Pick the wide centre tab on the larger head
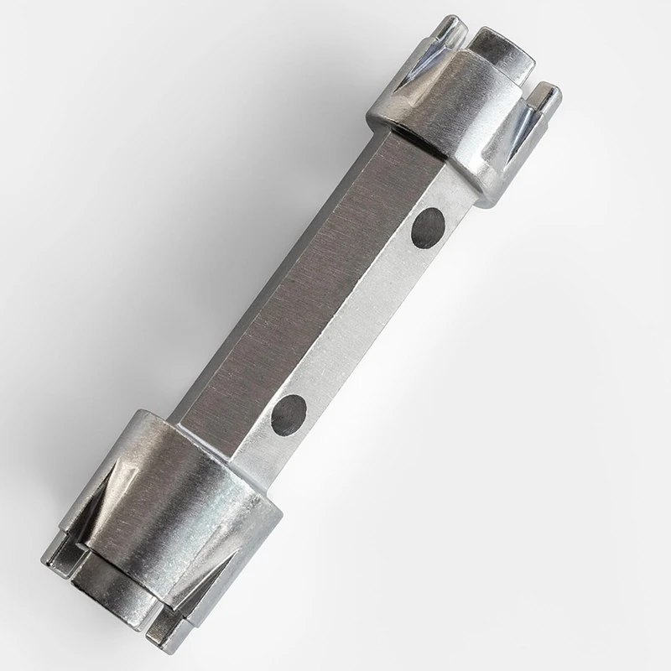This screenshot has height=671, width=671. pos(109,579)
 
